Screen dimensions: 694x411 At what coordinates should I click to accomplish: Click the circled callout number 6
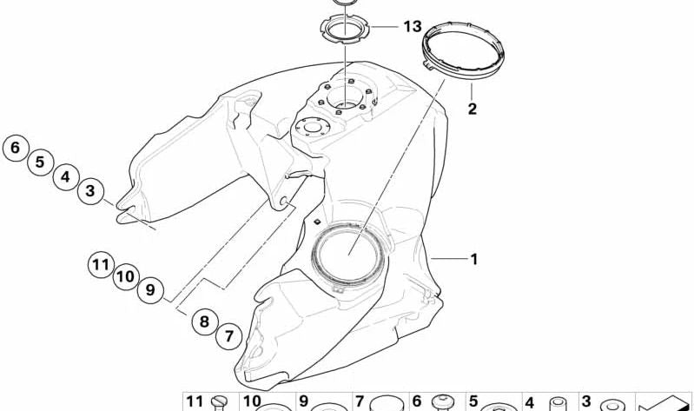coord(16,148)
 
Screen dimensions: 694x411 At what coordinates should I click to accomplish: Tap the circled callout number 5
coord(40,162)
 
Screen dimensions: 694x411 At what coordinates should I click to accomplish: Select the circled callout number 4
coord(65,176)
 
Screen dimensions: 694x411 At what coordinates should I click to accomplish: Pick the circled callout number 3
coord(90,191)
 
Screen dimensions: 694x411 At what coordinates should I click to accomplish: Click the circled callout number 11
coord(101,265)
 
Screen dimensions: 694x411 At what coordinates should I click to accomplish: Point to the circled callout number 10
coord(126,277)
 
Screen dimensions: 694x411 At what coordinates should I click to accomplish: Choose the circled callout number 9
coord(150,290)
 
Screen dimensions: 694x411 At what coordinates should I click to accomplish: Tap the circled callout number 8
coord(204,322)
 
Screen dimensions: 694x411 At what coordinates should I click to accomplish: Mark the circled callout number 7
coord(228,336)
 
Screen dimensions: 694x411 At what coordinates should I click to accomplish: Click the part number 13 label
coord(413,27)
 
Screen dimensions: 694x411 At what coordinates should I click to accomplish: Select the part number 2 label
coord(473,109)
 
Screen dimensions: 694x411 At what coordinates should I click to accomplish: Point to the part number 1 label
coord(474,259)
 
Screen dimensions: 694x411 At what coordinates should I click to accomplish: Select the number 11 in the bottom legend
coord(195,401)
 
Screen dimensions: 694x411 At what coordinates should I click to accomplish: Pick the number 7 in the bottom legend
coord(360,401)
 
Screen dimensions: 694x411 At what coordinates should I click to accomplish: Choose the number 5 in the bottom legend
coord(473,401)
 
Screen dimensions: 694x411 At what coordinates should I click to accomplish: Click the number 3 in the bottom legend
coord(586,401)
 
